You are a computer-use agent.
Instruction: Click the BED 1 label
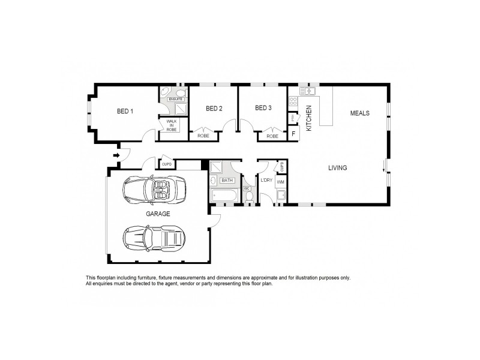click(x=125, y=111)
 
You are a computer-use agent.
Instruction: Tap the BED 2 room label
click(x=214, y=109)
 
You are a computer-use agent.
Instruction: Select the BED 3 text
click(x=263, y=108)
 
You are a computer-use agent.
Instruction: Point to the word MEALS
click(x=360, y=113)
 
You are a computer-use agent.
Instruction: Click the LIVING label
click(x=337, y=168)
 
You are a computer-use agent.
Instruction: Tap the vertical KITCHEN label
click(x=310, y=118)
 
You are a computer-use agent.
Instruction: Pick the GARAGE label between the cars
click(x=158, y=214)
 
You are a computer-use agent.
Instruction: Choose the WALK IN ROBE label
click(x=172, y=125)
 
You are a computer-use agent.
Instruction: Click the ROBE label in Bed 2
click(x=203, y=136)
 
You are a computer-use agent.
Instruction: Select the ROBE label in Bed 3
click(x=272, y=136)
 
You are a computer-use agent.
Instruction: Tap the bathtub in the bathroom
click(x=226, y=195)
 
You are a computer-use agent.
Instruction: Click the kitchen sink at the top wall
click(x=308, y=91)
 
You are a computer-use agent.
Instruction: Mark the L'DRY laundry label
click(x=266, y=180)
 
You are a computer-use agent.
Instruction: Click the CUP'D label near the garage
click(x=167, y=164)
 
